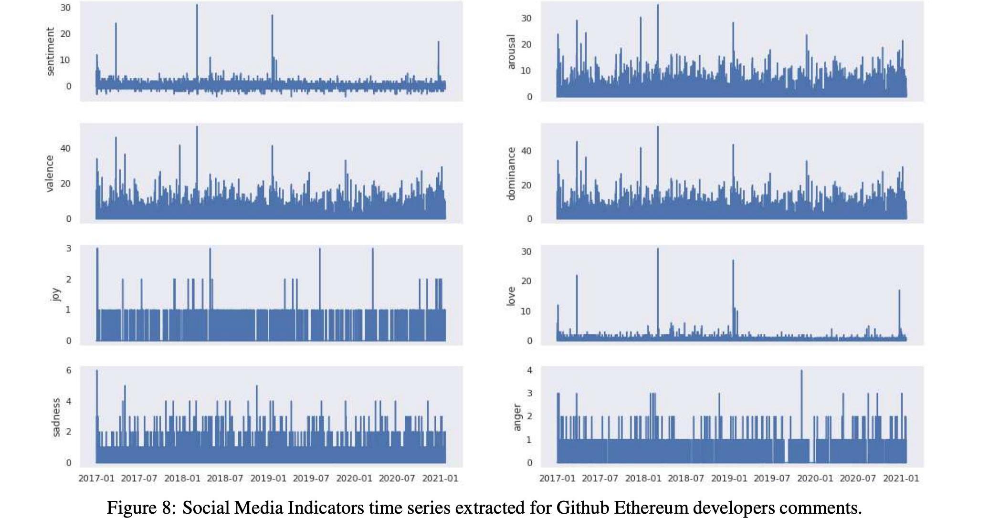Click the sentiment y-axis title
click(50, 52)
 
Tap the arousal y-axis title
click(511, 52)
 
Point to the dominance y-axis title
click(511, 174)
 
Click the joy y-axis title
click(55, 295)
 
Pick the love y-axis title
click(511, 296)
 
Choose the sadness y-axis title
click(55, 417)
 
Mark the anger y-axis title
click(516, 417)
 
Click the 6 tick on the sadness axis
click(69, 371)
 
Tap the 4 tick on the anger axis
click(529, 371)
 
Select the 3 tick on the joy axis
click(69, 249)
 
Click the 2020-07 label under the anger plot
click(858, 478)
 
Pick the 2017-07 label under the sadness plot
click(139, 478)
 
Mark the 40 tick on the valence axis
click(65, 148)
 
